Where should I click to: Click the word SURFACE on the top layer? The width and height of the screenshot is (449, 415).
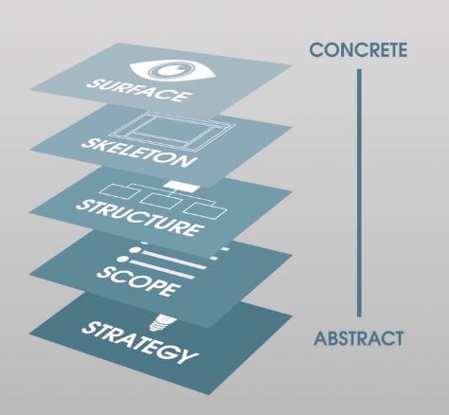pyautogui.click(x=139, y=91)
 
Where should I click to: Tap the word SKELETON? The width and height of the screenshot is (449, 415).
pyautogui.click(x=137, y=153)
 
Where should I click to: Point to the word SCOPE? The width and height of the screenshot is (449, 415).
pyautogui.click(x=138, y=281)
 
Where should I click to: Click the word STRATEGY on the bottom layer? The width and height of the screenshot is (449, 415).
pyautogui.click(x=140, y=342)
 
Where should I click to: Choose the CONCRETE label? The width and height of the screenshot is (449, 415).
pyautogui.click(x=358, y=50)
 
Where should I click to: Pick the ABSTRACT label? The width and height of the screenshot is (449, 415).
pyautogui.click(x=358, y=338)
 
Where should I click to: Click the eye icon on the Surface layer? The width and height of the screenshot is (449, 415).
pyautogui.click(x=172, y=70)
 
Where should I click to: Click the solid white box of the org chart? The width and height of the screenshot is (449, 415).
pyautogui.click(x=181, y=187)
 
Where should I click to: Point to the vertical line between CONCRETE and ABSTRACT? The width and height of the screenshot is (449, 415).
pyautogui.click(x=359, y=192)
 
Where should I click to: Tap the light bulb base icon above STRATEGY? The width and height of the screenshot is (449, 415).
pyautogui.click(x=161, y=322)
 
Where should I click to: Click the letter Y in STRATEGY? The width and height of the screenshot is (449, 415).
pyautogui.click(x=189, y=356)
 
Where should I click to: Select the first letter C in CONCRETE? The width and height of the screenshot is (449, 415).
pyautogui.click(x=316, y=50)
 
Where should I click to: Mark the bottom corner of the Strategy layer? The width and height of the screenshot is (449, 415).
pyautogui.click(x=209, y=394)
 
